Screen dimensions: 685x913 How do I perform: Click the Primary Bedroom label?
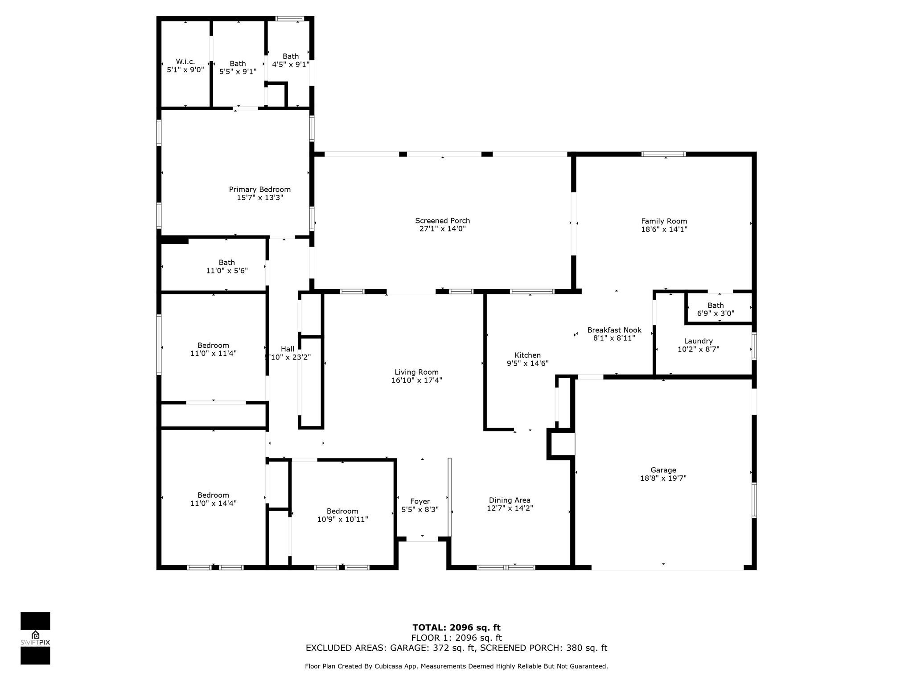(259, 190)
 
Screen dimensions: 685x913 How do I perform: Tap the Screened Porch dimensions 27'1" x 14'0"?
(442, 229)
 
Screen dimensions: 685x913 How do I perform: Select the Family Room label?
(664, 221)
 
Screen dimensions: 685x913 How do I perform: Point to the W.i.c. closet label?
(185, 62)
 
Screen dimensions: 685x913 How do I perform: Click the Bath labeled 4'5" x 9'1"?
(291, 60)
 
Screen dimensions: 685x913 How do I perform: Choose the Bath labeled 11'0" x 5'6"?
(226, 266)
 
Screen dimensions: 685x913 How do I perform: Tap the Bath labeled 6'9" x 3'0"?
(716, 309)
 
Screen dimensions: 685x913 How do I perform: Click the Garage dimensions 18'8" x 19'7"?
(663, 478)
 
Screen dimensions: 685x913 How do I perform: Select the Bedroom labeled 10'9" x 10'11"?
(342, 515)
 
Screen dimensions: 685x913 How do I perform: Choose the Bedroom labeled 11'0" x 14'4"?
(213, 499)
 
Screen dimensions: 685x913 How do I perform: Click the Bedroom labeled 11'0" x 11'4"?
(213, 349)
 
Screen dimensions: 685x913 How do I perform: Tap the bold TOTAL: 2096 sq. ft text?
(456, 628)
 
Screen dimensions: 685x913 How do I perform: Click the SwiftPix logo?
(35, 638)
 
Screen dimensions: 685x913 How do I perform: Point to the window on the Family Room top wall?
(663, 154)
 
